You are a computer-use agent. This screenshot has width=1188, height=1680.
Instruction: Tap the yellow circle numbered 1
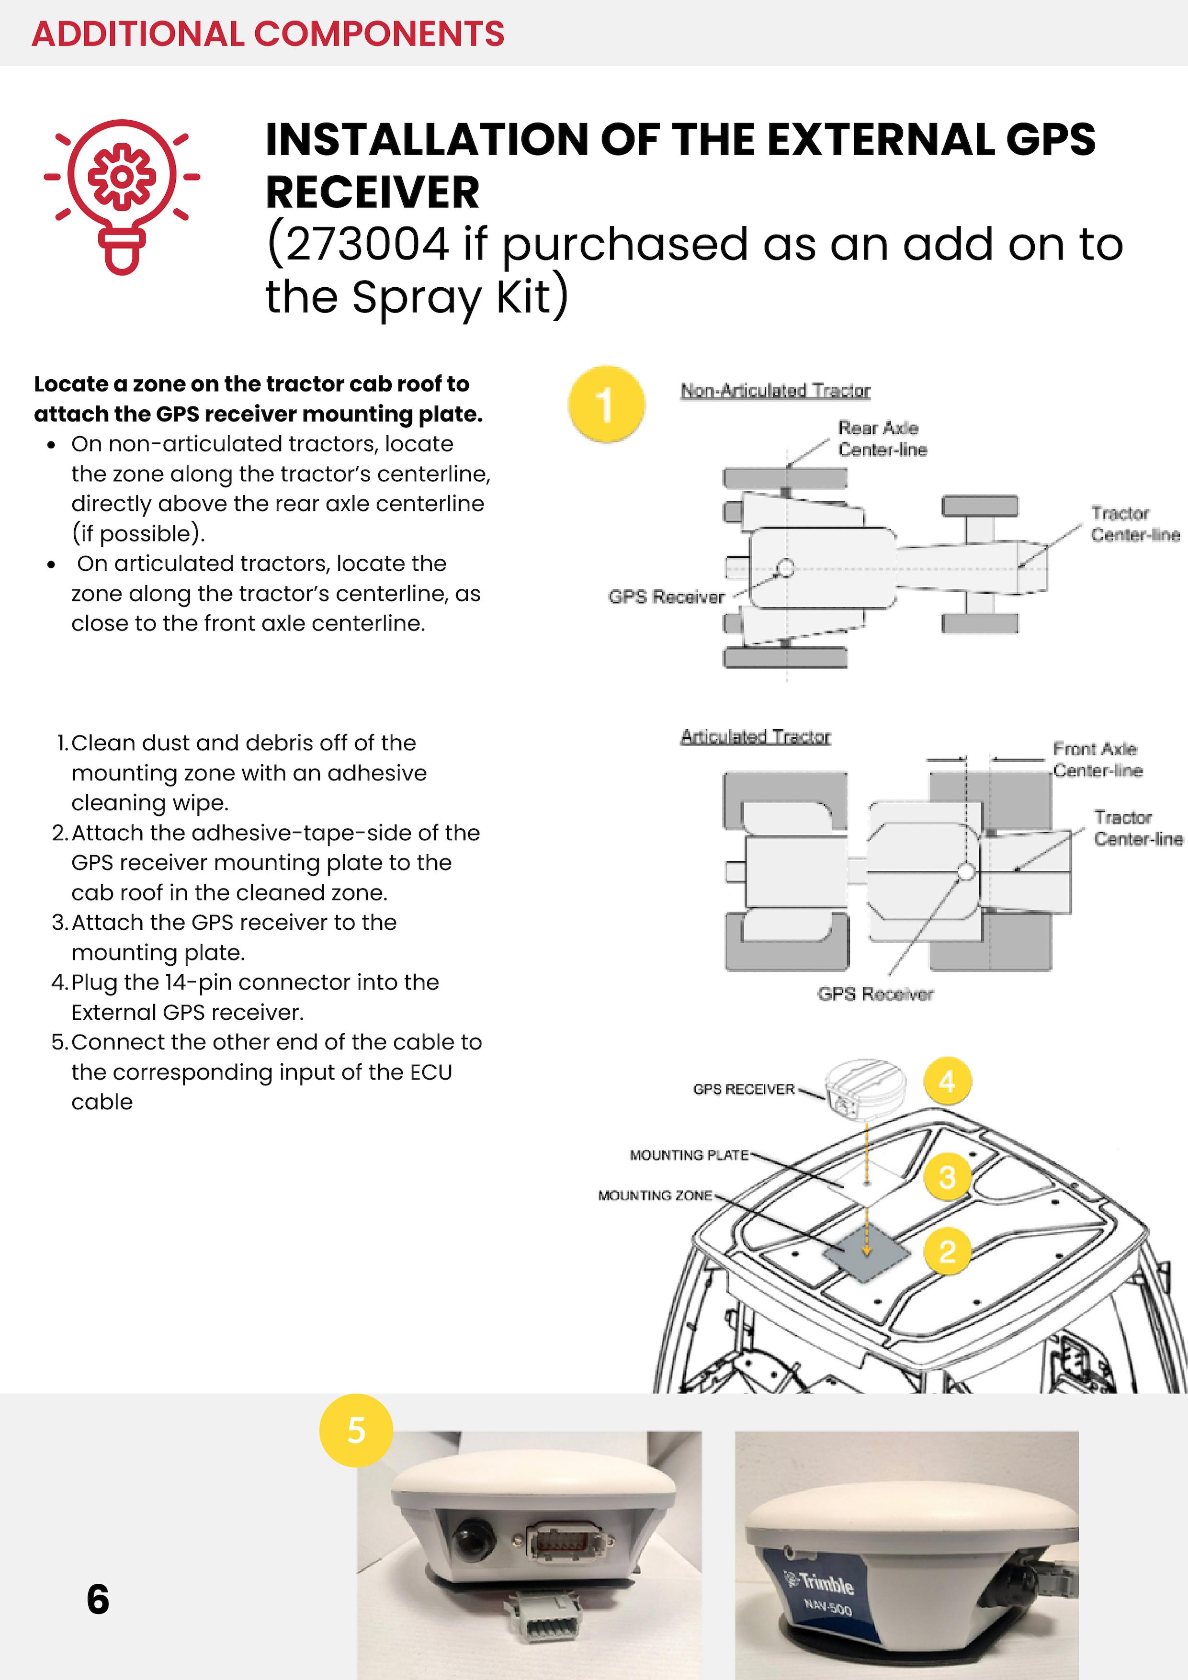point(606,404)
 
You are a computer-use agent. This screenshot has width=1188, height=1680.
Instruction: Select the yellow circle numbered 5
point(356,1430)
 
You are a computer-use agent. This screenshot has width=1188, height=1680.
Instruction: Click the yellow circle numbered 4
point(947,1081)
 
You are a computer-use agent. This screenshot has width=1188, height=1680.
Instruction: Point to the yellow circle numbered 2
point(947,1251)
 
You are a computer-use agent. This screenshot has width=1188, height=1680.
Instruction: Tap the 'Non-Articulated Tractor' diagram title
point(775,390)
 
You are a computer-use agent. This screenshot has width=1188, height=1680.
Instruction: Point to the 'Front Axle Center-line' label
point(1097,759)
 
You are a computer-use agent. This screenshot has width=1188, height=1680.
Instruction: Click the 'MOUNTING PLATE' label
point(689,1155)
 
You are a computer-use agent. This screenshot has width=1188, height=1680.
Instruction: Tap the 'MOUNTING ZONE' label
point(655,1195)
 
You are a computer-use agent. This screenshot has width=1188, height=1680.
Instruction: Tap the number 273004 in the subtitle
point(367,244)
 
